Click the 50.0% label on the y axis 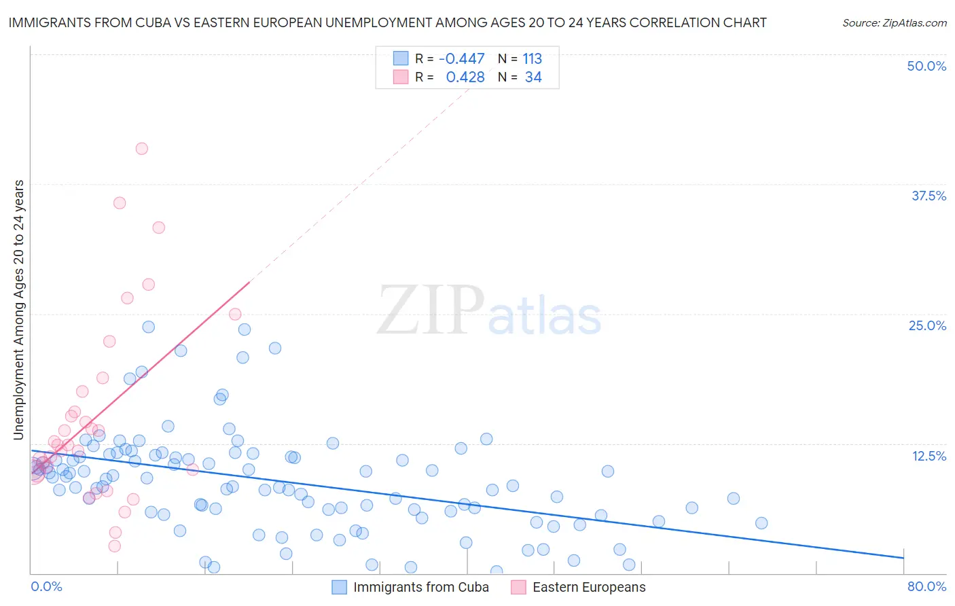click(x=926, y=66)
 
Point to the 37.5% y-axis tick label click(x=929, y=196)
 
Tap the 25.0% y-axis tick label click(x=927, y=325)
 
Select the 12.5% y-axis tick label click(x=929, y=456)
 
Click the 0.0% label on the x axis click(x=46, y=586)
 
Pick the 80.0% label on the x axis click(x=926, y=586)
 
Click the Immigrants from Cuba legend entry click(x=420, y=587)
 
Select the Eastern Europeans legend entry click(x=588, y=587)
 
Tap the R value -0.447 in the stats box click(x=462, y=59)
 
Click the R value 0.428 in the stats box click(x=465, y=77)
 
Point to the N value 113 click(x=532, y=59)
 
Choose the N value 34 click(x=533, y=77)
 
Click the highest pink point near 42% click(x=141, y=149)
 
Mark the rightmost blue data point click(x=761, y=523)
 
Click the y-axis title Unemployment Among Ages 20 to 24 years click(x=19, y=310)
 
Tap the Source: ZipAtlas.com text click(x=894, y=22)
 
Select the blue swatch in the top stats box click(x=401, y=58)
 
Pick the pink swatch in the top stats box click(x=401, y=77)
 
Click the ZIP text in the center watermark click(x=431, y=310)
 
